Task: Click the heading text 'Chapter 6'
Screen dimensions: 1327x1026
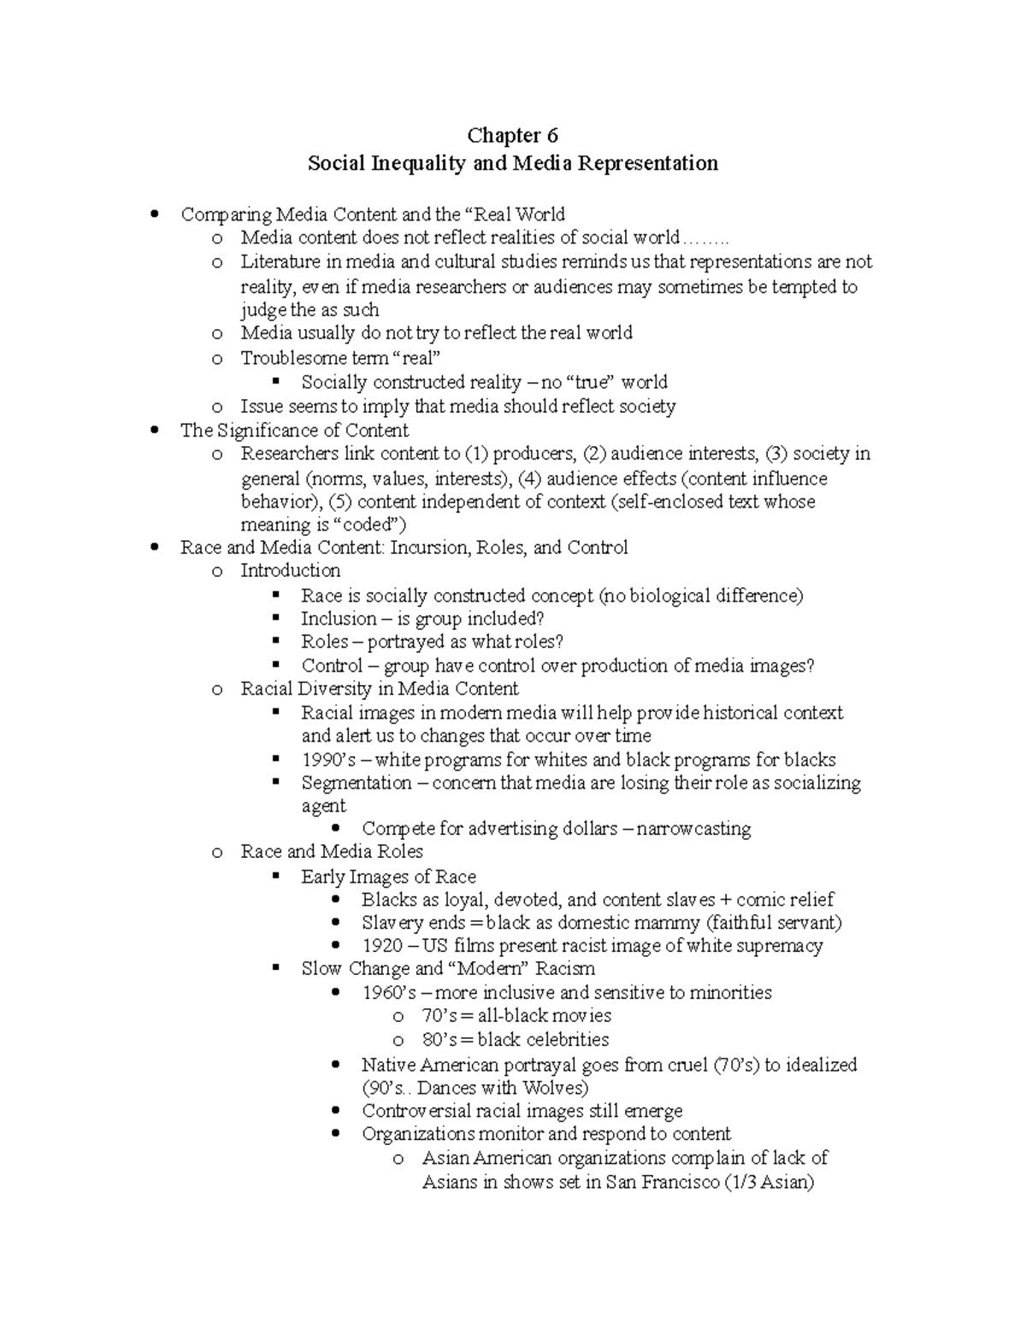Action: coord(512,135)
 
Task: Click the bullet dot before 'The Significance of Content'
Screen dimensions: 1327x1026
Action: coord(155,431)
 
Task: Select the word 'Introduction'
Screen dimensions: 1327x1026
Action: coord(290,571)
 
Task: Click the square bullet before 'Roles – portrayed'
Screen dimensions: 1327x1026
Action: coord(275,643)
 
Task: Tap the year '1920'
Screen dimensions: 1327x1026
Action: coord(381,946)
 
